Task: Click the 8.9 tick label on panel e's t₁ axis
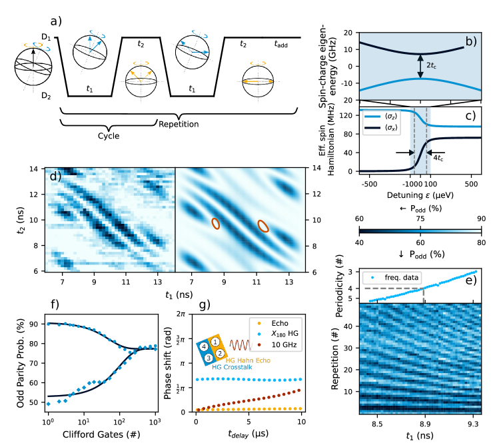424,423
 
